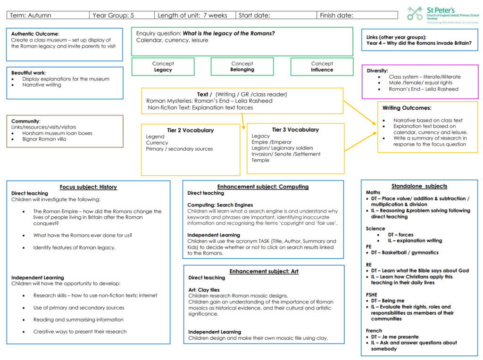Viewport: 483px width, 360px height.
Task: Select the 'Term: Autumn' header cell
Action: (48, 16)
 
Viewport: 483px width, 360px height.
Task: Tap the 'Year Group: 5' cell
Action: (122, 16)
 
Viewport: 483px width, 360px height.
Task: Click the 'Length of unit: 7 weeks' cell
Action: (195, 16)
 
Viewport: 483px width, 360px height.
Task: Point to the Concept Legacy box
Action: (163, 66)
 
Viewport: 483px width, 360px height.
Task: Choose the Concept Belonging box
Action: (242, 66)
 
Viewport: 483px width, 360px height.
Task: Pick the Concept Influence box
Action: (322, 66)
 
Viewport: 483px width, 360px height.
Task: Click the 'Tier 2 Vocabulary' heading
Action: (191, 130)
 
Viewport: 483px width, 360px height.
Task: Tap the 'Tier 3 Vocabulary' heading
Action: (295, 130)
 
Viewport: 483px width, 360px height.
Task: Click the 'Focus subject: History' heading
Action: (88, 187)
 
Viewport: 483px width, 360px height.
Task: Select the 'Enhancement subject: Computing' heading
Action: (263, 187)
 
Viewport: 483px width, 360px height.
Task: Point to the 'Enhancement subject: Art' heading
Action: (264, 271)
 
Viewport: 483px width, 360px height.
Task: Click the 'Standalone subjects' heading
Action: (419, 186)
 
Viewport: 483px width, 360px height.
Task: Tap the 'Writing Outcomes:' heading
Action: (407, 108)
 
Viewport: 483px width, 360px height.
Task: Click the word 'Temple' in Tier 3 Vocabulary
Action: (260, 160)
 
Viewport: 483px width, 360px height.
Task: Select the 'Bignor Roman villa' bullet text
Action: (44, 139)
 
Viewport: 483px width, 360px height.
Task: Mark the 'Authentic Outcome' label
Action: (34, 34)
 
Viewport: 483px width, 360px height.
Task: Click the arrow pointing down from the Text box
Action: (243, 121)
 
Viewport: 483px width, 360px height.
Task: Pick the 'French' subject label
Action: (374, 330)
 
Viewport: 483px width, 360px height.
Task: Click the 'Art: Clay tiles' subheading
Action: (204, 290)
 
